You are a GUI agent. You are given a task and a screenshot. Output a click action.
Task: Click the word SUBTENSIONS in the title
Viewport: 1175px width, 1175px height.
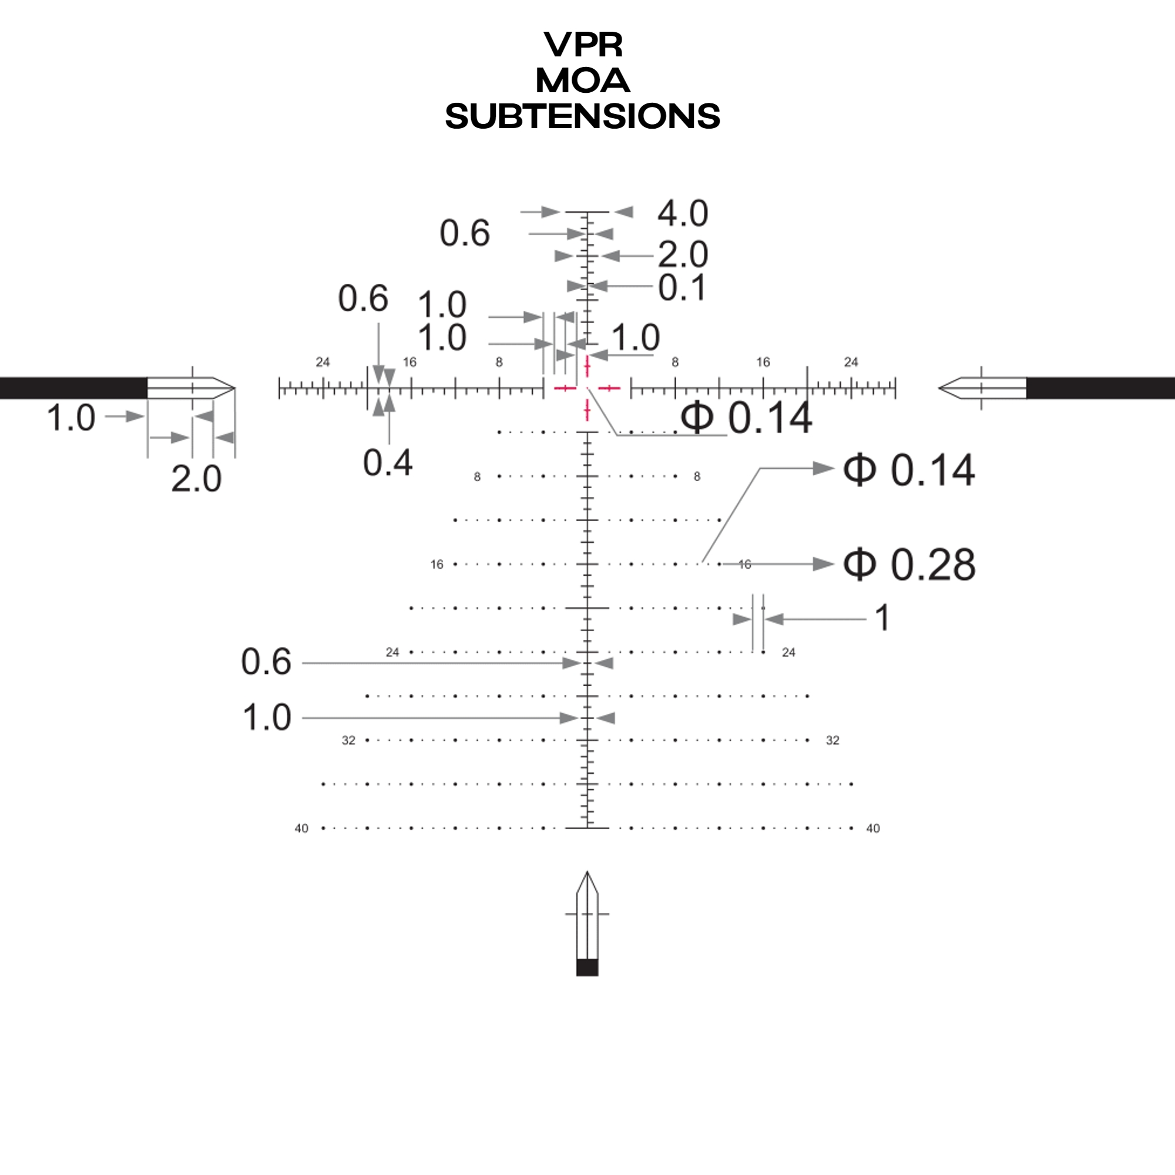pos(582,116)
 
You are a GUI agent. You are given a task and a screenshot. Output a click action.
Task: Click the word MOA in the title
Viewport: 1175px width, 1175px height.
pos(582,81)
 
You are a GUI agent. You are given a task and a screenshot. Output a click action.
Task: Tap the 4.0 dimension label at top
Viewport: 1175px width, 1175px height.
pos(682,213)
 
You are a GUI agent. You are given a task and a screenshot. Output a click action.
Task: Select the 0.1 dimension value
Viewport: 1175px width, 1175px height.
pos(681,288)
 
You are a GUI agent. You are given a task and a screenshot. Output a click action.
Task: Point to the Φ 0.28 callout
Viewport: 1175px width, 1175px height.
pos(909,565)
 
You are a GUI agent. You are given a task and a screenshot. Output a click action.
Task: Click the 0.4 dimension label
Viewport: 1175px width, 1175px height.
pos(387,463)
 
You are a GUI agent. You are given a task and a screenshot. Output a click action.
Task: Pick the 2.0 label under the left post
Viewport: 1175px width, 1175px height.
pos(196,479)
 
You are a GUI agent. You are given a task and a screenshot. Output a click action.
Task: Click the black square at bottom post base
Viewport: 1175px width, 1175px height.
pos(587,968)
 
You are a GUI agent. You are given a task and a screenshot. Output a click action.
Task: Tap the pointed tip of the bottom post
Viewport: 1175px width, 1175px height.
pos(587,874)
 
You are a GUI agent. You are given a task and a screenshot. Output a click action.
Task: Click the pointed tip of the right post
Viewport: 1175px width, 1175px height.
pos(941,388)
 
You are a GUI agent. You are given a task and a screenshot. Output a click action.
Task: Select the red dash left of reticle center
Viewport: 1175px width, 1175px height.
pos(565,387)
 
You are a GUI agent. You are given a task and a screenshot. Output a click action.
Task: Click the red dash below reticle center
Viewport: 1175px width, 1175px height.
pos(587,410)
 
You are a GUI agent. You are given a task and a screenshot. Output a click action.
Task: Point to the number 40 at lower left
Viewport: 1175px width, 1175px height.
pos(301,828)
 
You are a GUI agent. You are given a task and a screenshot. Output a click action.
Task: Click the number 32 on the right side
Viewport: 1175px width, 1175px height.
pos(832,740)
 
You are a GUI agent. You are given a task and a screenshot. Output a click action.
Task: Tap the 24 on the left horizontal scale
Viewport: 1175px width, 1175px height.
pos(323,362)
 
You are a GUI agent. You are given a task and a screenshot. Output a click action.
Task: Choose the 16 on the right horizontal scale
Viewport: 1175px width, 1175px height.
pos(763,362)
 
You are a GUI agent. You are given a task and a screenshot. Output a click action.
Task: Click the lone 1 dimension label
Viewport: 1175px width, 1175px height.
pos(882,618)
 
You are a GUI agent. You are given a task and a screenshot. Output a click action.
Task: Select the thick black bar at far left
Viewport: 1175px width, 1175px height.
pos(73,388)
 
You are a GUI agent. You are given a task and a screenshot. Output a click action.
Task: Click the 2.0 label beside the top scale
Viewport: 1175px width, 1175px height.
pos(682,254)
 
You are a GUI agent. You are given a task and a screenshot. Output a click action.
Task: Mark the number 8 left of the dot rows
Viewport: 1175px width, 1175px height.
pos(477,477)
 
